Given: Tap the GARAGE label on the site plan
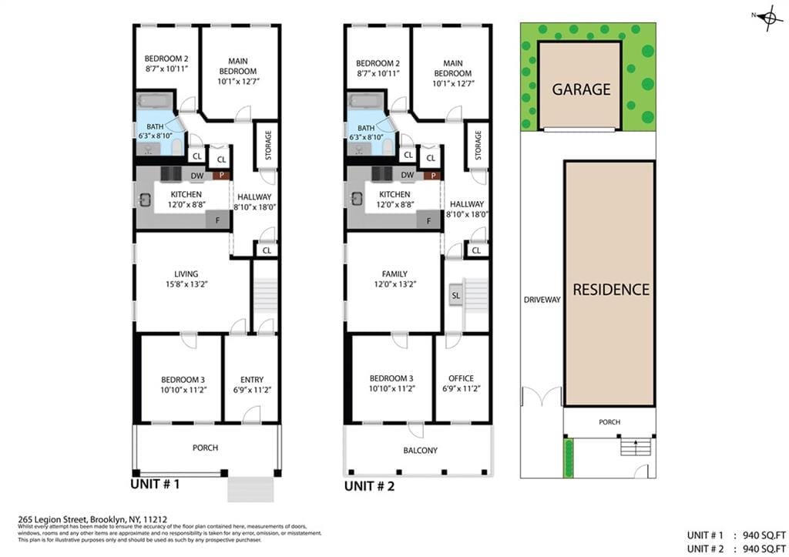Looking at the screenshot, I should pyautogui.click(x=580, y=89).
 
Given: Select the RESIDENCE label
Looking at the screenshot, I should pyautogui.click(x=610, y=290).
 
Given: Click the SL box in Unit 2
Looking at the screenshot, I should pyautogui.click(x=456, y=295).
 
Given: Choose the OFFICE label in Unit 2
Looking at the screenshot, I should pyautogui.click(x=461, y=378).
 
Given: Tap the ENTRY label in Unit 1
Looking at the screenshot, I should pyautogui.click(x=251, y=379).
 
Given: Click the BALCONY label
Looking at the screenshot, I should pyautogui.click(x=420, y=451).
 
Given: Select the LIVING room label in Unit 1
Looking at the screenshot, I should pyautogui.click(x=186, y=273).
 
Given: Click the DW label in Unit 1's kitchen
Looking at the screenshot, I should pyautogui.click(x=198, y=176).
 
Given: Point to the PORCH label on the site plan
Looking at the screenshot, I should pyautogui.click(x=609, y=422).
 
